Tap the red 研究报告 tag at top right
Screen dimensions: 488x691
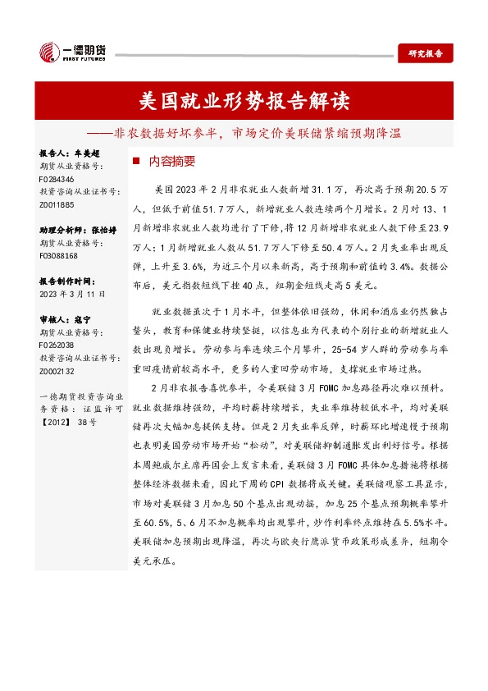click(425, 53)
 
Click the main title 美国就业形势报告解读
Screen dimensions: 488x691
click(244, 102)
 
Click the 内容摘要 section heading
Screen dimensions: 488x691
click(171, 162)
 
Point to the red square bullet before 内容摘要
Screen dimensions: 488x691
click(136, 162)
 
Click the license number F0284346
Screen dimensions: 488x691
click(57, 178)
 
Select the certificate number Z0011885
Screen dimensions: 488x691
click(57, 204)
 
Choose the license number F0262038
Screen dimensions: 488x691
click(57, 346)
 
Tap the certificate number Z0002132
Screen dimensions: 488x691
click(57, 372)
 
